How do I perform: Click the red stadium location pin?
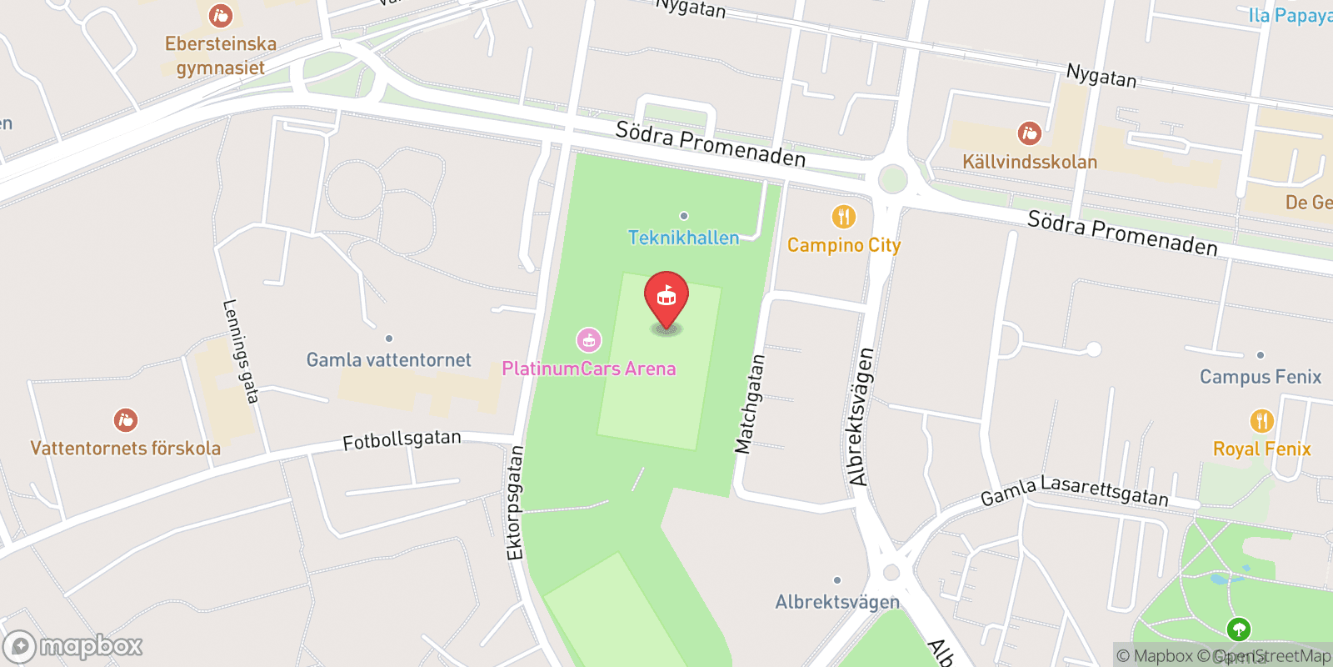tap(666, 298)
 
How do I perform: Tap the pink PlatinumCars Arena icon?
tap(589, 339)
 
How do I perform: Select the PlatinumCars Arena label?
tap(589, 369)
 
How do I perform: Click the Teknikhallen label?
tap(683, 238)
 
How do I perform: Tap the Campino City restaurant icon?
tap(844, 217)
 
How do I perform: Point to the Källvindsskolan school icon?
tap(1030, 133)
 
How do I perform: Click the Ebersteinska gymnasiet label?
tap(220, 56)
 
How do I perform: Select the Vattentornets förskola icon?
tap(126, 419)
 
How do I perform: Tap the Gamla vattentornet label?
tap(388, 360)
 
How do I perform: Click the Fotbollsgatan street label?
tap(402, 439)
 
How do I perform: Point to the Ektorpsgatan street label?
tap(515, 503)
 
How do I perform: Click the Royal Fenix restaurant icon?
tap(1261, 421)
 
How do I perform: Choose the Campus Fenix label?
tap(1260, 377)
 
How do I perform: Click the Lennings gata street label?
tap(240, 351)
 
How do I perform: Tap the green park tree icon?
tap(1239, 629)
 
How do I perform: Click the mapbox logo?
tap(73, 646)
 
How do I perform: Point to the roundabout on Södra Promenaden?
tap(892, 178)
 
